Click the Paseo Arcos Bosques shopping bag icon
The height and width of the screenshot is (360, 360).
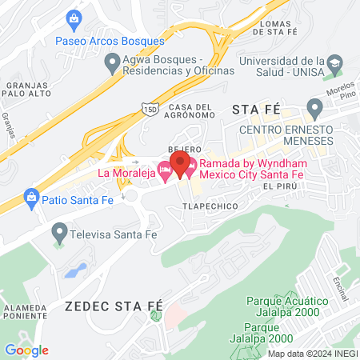coord(74,18)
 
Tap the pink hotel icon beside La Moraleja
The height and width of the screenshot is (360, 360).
coord(165,170)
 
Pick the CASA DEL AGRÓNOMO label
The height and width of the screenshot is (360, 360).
coord(190,113)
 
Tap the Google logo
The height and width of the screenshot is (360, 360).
coord(26,350)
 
